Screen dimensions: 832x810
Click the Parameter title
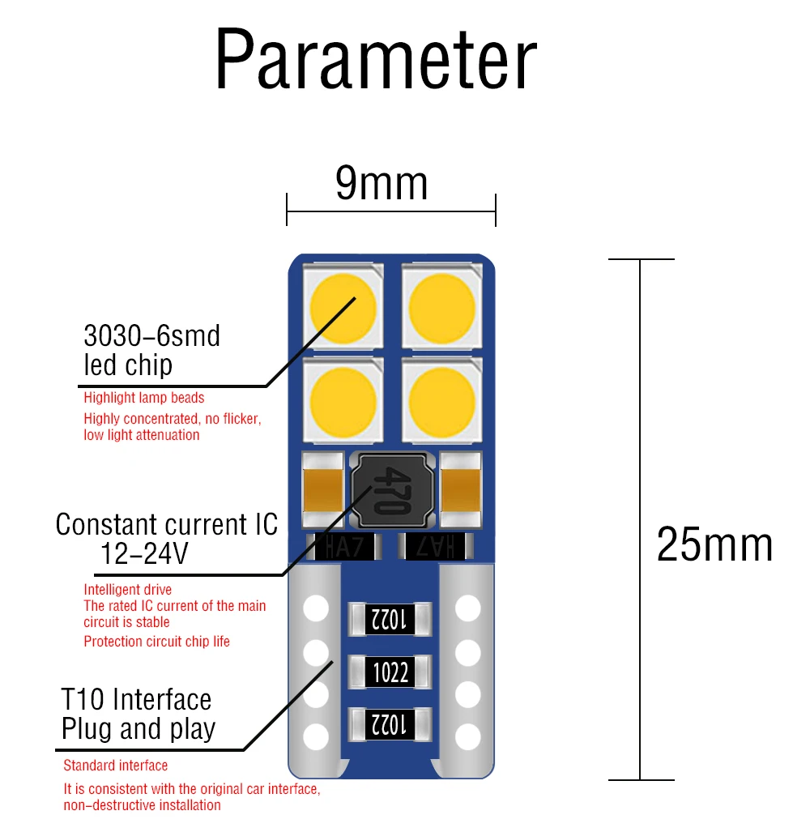tap(376, 62)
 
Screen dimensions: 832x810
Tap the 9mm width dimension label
tap(382, 183)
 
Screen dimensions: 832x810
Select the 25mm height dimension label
tap(714, 544)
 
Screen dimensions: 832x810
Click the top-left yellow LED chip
tap(343, 308)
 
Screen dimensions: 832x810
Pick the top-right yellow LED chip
tap(441, 308)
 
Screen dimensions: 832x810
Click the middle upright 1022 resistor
tap(390, 672)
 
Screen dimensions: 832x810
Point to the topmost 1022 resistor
tap(390, 620)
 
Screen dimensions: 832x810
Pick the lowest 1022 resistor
tap(390, 723)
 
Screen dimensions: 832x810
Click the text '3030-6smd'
tap(151, 335)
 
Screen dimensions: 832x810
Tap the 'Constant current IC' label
tap(166, 525)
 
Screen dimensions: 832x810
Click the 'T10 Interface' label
tap(136, 699)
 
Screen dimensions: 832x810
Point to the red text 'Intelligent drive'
tap(127, 590)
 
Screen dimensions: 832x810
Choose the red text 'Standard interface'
tap(116, 766)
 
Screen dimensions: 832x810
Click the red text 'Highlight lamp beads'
tap(144, 398)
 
